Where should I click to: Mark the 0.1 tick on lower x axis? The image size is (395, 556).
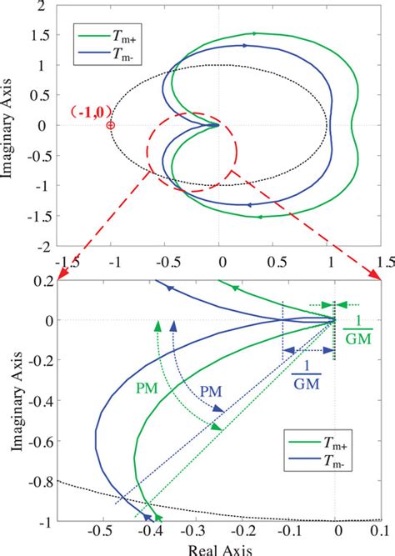coord(379,529)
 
